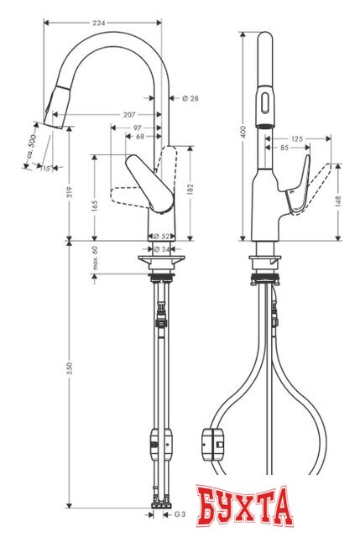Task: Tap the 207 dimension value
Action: click(128, 112)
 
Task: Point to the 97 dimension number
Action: click(137, 127)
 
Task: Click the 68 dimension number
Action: click(139, 136)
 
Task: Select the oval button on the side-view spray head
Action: click(265, 106)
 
